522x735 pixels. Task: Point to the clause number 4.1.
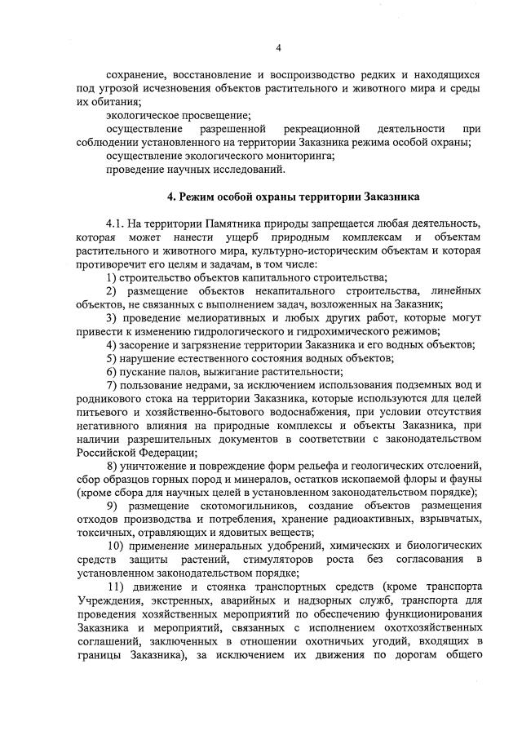(x=117, y=223)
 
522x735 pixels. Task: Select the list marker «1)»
(x=112, y=277)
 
